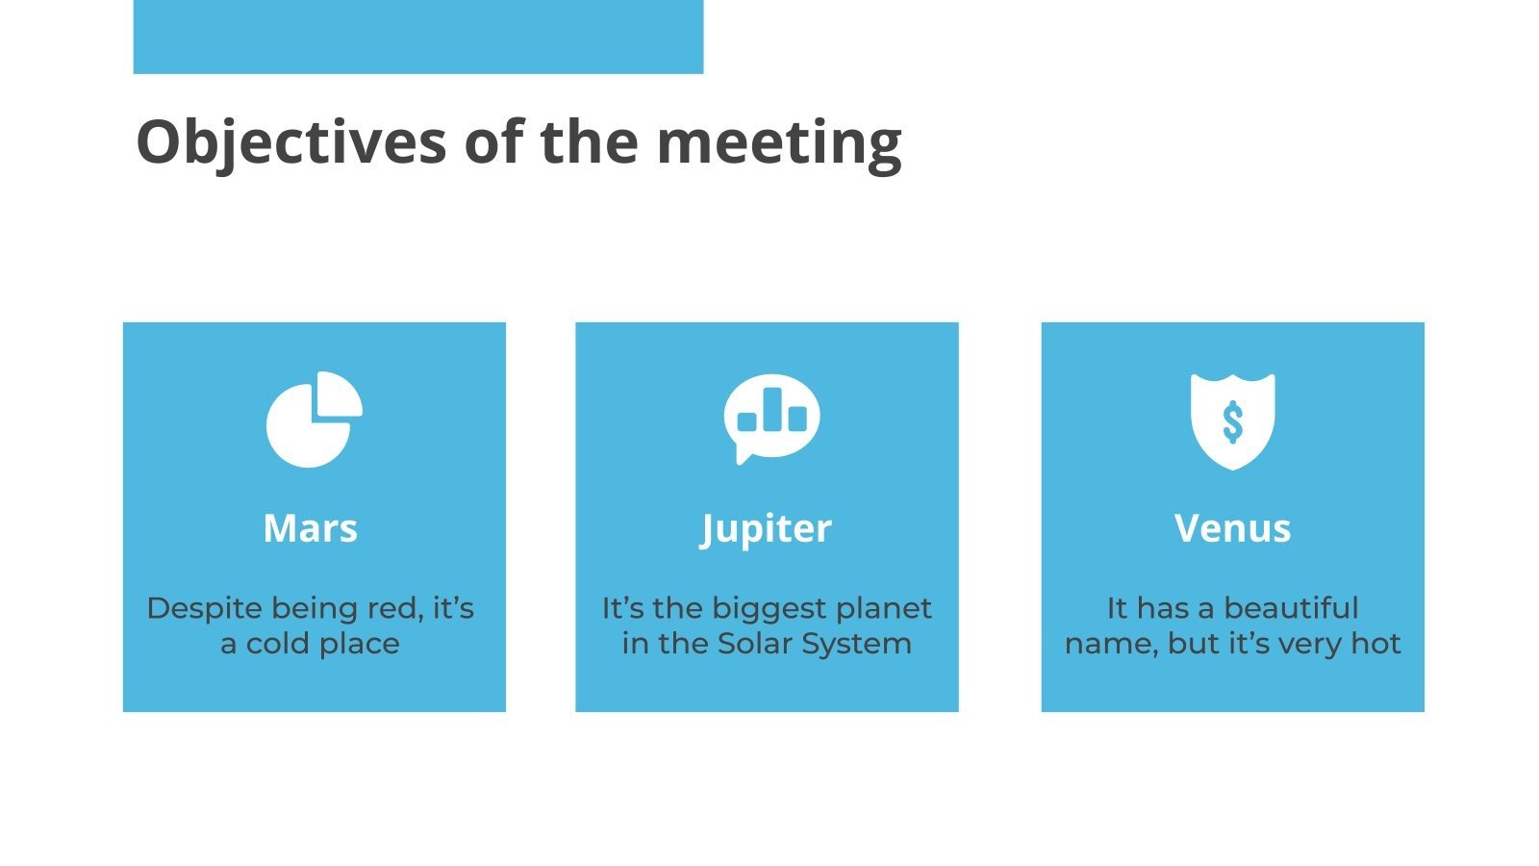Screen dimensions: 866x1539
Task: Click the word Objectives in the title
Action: click(x=290, y=142)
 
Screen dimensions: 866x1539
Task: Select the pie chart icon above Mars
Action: click(x=314, y=420)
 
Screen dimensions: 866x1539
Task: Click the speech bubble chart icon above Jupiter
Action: click(x=771, y=418)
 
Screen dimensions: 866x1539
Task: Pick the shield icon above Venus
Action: click(x=1232, y=420)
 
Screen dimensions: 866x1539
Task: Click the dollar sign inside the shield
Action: click(x=1232, y=421)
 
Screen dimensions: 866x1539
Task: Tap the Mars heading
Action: click(x=310, y=528)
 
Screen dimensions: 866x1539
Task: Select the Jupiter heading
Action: click(x=766, y=528)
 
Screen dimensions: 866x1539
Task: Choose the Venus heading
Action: click(x=1232, y=528)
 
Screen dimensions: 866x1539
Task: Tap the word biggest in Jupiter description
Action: click(x=756, y=608)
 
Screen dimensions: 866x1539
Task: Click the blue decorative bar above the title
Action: click(x=417, y=37)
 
